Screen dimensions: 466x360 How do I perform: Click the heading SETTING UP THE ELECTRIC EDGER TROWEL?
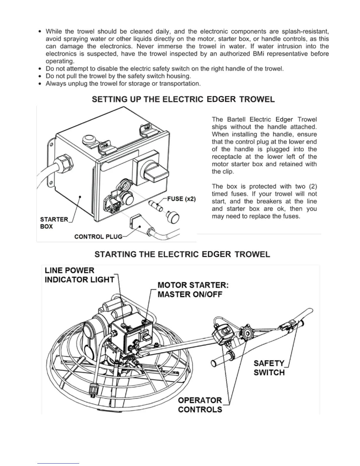(183, 99)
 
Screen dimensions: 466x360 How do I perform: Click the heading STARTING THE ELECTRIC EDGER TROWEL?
(182, 254)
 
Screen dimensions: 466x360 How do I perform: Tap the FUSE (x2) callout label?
(181, 199)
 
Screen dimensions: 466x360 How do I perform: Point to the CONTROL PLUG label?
(98, 237)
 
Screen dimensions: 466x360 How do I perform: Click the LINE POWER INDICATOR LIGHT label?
(79, 275)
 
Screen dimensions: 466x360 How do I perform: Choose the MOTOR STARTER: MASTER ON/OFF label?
(193, 290)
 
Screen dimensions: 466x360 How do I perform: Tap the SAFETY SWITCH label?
(269, 368)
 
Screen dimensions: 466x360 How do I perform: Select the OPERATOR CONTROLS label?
(200, 405)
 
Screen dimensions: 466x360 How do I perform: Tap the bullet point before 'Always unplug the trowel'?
(40, 84)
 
